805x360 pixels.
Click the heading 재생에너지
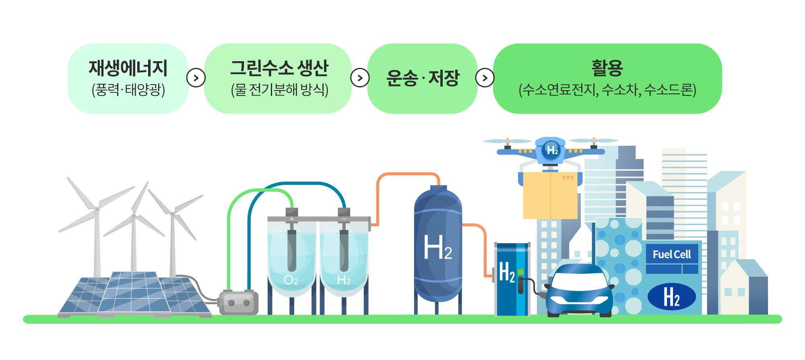pyautogui.click(x=128, y=68)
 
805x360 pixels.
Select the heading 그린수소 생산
pyautogui.click(x=279, y=68)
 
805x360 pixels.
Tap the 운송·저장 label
pyautogui.click(x=423, y=78)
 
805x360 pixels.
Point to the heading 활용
pyautogui.click(x=607, y=68)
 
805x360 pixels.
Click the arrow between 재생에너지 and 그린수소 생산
pyautogui.click(x=196, y=78)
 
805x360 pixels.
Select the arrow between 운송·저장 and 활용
pyautogui.click(x=485, y=78)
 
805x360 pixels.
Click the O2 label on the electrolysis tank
pyautogui.click(x=291, y=280)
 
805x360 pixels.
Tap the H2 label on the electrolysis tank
pyautogui.click(x=344, y=280)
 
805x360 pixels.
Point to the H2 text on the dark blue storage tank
pyautogui.click(x=438, y=248)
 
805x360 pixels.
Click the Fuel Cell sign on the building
pyautogui.click(x=671, y=254)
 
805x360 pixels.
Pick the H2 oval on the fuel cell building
pyautogui.click(x=671, y=297)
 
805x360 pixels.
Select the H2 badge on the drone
pyautogui.click(x=552, y=150)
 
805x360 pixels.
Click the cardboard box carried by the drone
pyautogui.click(x=550, y=196)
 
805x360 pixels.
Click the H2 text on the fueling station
pyautogui.click(x=507, y=272)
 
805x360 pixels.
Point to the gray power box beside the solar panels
pyautogui.click(x=239, y=303)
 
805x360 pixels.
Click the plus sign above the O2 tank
pyautogui.click(x=292, y=219)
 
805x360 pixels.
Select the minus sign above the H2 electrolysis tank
pyautogui.click(x=344, y=219)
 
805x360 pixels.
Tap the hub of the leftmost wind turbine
pyautogui.click(x=97, y=209)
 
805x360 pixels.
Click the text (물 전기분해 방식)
pyautogui.click(x=279, y=89)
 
